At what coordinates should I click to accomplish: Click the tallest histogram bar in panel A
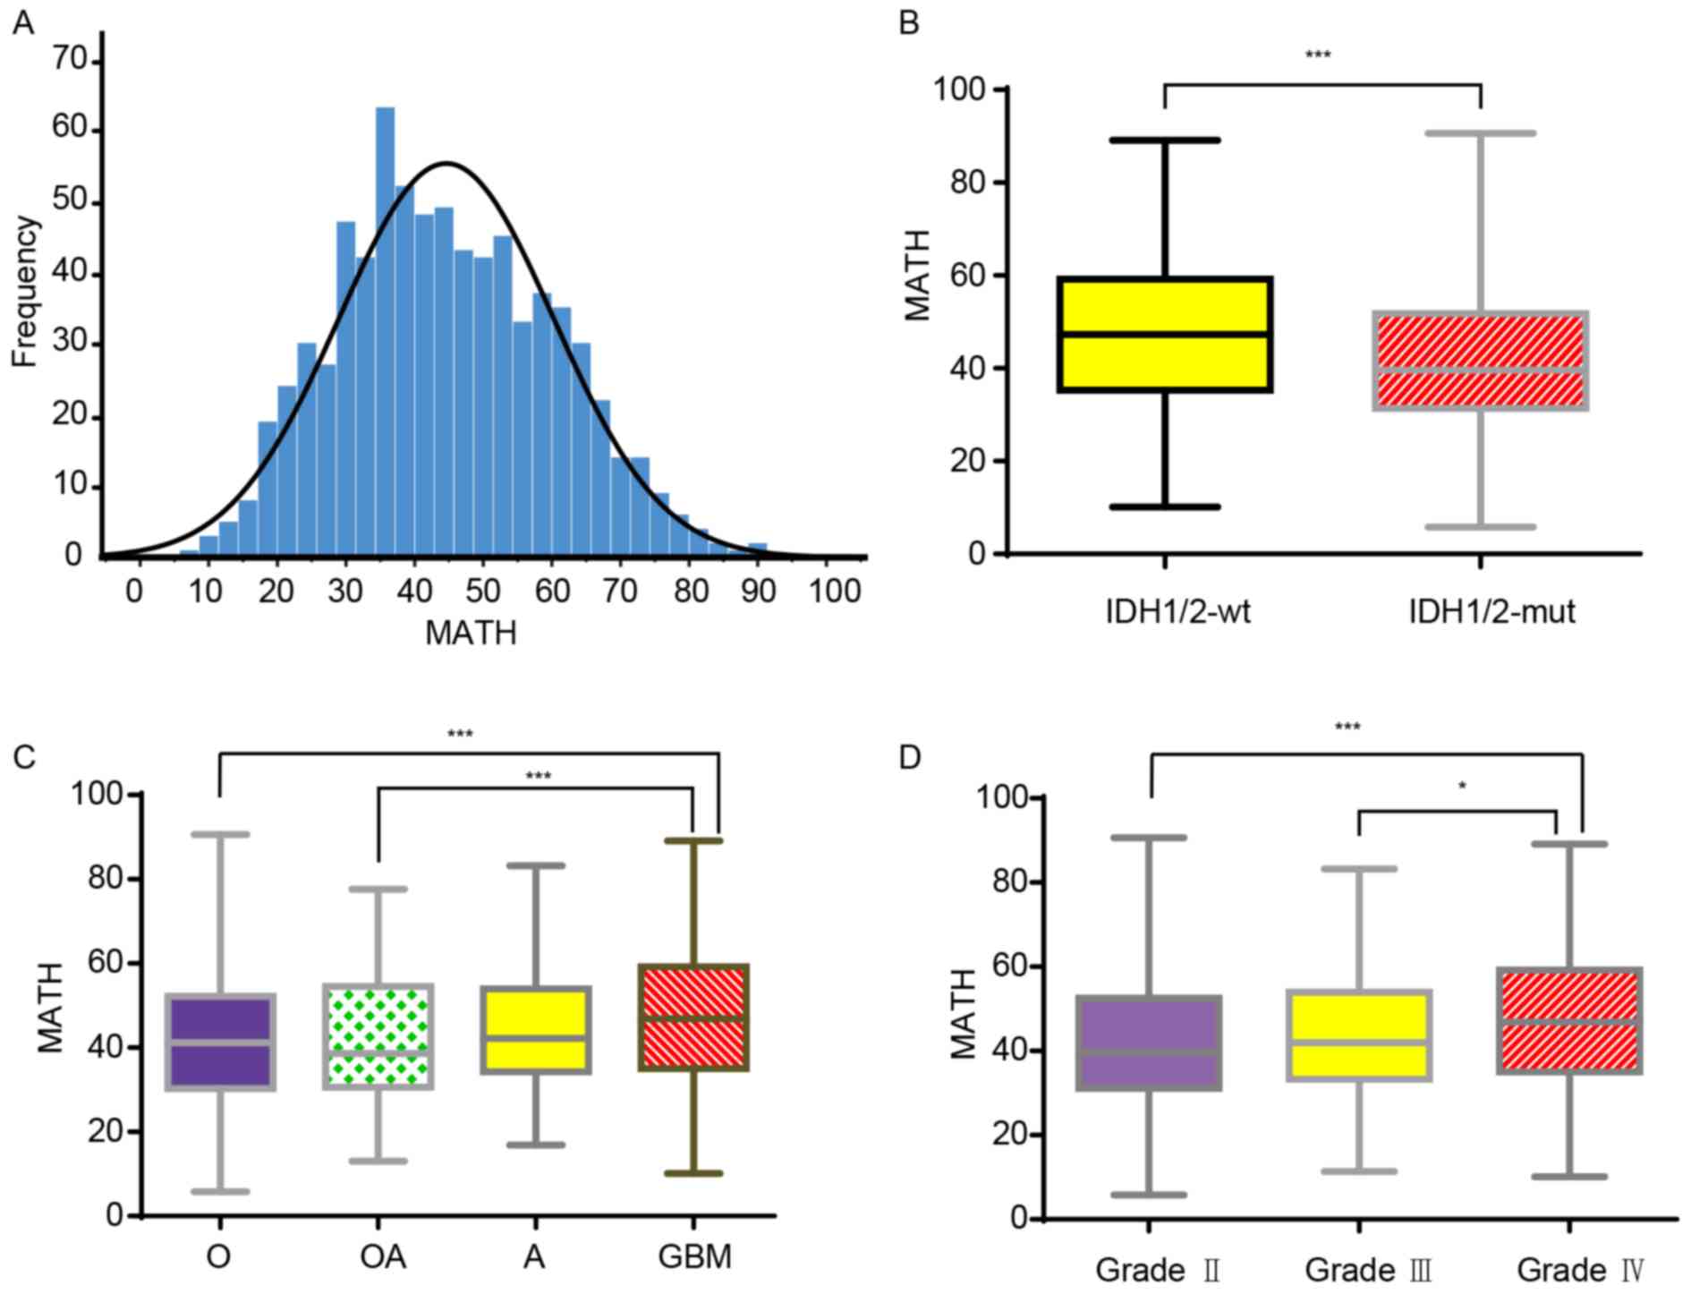(x=385, y=331)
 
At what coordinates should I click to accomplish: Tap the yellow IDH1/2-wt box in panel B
(x=1165, y=334)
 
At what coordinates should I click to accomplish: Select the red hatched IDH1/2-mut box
(x=1481, y=360)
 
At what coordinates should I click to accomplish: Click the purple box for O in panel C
(x=220, y=1042)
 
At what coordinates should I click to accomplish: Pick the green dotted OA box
(x=378, y=1036)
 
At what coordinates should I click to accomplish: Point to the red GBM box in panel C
(x=693, y=1017)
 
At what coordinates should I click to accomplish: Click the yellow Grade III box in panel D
(x=1358, y=1035)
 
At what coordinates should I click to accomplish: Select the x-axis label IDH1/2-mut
(x=1491, y=612)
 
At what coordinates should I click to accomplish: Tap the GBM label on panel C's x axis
(x=694, y=1257)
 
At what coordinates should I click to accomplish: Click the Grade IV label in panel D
(x=1580, y=1270)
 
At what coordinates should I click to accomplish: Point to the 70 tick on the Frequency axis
(x=71, y=60)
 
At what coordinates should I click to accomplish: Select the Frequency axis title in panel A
(x=26, y=291)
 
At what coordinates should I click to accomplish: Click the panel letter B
(x=908, y=22)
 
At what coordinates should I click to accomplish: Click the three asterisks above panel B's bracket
(x=1318, y=55)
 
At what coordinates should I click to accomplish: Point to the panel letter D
(x=909, y=757)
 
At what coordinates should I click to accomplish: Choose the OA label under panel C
(x=383, y=1257)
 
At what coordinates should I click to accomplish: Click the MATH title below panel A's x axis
(x=471, y=634)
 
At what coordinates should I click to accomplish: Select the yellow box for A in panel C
(x=535, y=1029)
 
